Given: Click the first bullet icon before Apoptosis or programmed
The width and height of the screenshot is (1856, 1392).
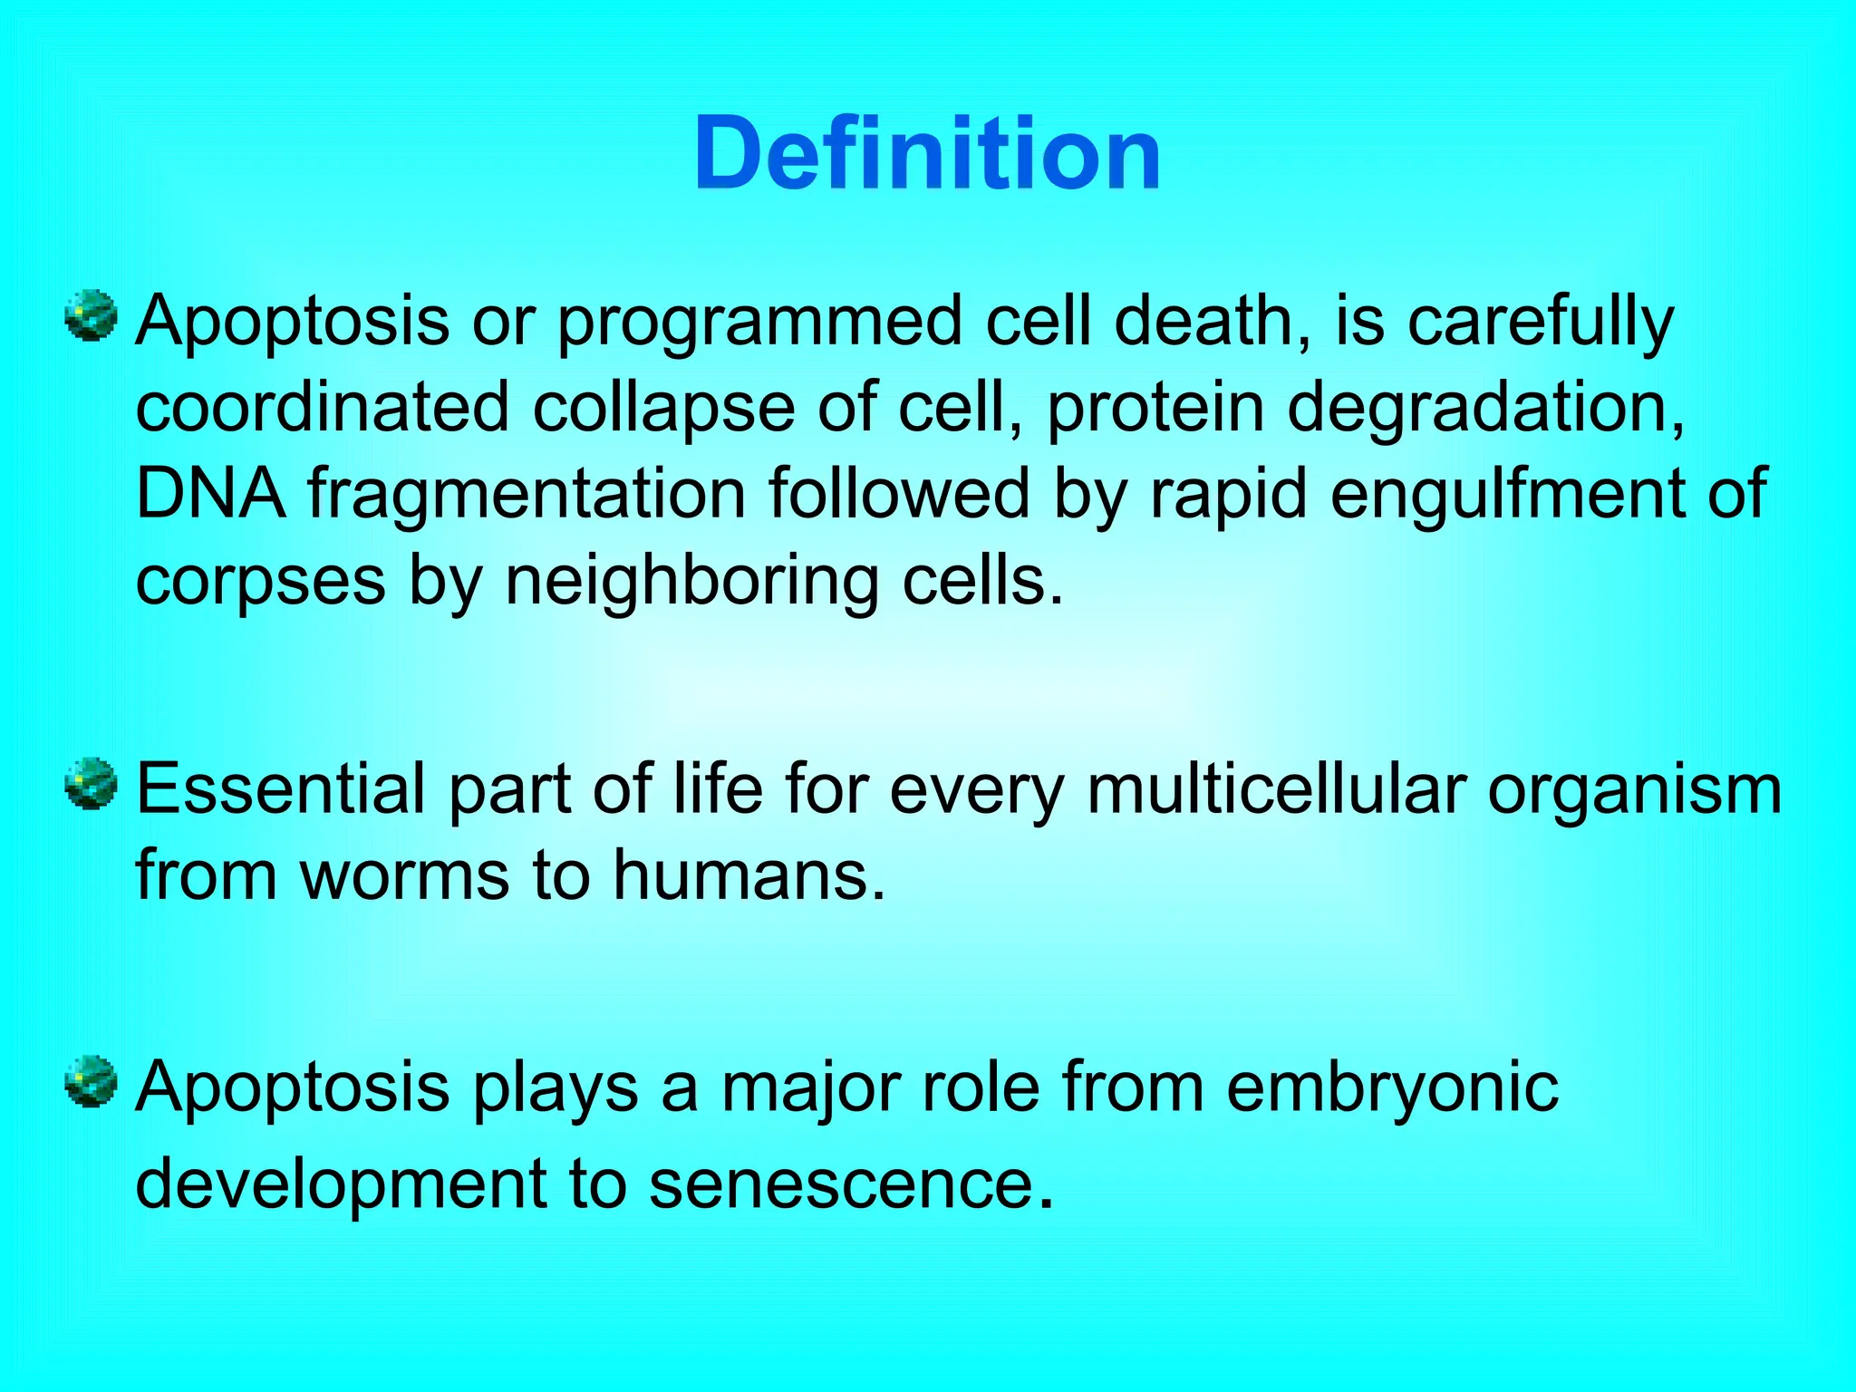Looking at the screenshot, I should point(92,316).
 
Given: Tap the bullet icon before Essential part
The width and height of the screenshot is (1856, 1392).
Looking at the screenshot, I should point(92,784).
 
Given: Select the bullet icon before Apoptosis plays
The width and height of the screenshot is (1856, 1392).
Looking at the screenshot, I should point(92,1081).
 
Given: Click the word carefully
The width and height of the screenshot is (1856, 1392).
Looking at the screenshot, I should point(1540,323).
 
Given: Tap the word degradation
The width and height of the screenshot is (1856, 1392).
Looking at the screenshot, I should point(1485,409).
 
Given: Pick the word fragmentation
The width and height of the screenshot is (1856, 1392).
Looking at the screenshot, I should point(526,495).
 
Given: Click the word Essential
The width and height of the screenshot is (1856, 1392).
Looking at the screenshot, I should point(280,788).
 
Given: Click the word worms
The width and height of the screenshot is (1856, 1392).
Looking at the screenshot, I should point(404,875).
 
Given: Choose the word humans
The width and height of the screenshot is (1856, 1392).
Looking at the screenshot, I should point(748,875).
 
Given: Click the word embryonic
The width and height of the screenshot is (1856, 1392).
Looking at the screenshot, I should point(1392,1087).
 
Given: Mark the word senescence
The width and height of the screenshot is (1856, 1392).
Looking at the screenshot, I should point(852,1184).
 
